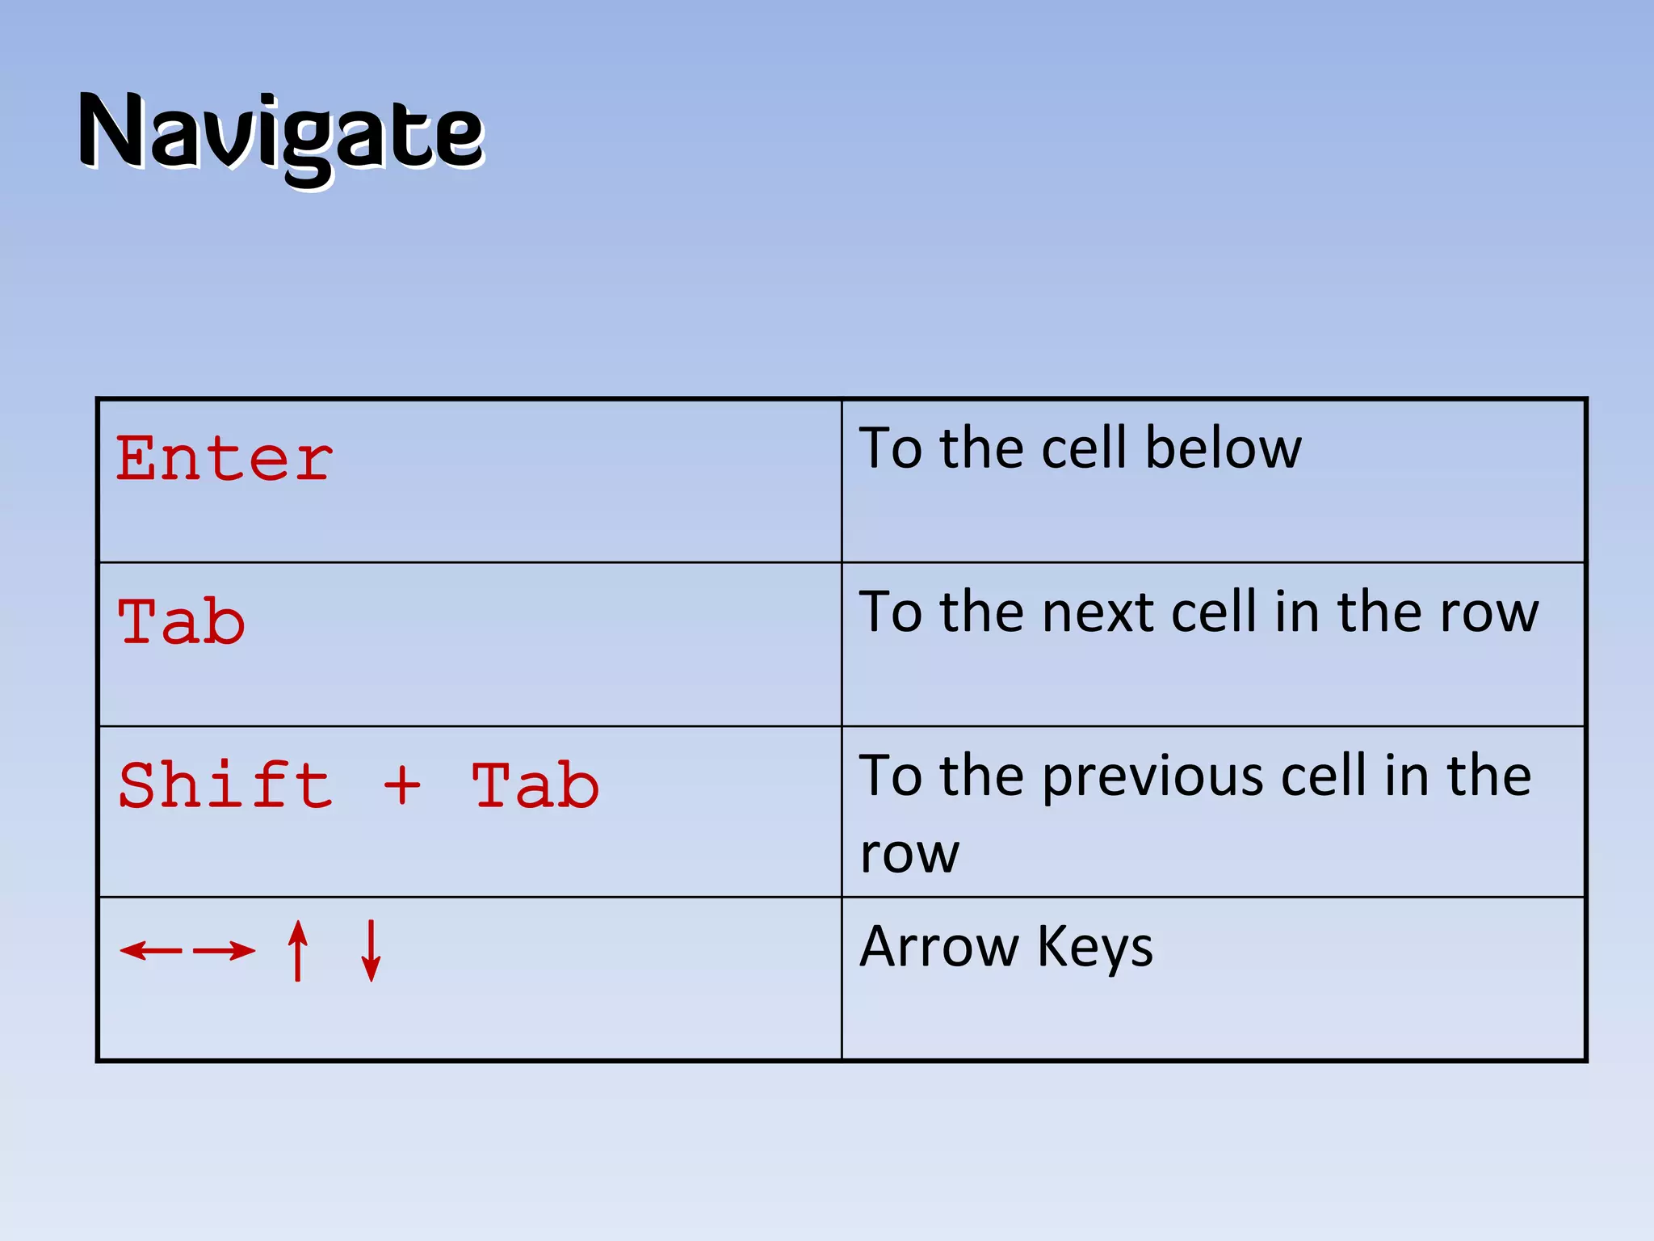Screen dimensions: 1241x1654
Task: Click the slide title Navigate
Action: tap(280, 133)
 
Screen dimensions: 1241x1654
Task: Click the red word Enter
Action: tap(224, 459)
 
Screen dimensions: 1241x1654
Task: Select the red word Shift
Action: tap(225, 785)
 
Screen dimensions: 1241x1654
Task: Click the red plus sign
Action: tap(401, 785)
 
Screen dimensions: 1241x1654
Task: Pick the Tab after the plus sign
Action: tap(535, 785)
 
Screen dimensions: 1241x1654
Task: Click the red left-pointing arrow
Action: tap(151, 950)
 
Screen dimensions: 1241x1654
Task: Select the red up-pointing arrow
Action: tap(298, 950)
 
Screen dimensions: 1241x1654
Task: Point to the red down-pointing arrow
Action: tap(371, 950)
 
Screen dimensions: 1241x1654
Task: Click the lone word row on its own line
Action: tap(909, 855)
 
